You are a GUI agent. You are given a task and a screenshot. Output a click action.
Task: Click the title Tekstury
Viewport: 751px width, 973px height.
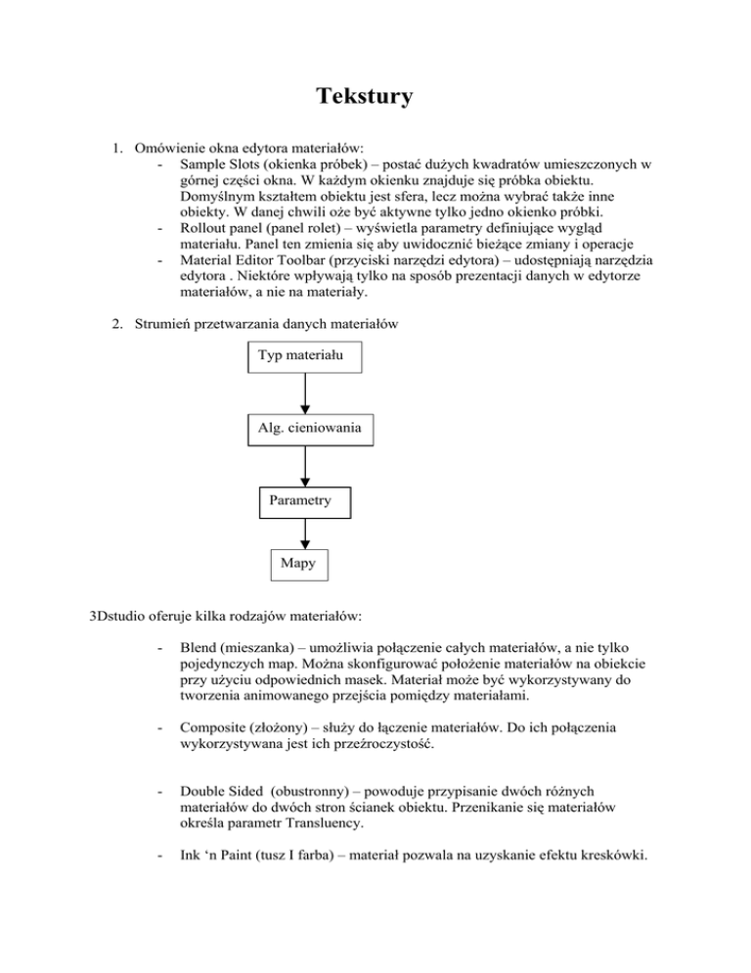pos(365,97)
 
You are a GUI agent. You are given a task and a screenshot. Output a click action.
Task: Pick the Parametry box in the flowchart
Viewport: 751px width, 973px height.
pos(303,501)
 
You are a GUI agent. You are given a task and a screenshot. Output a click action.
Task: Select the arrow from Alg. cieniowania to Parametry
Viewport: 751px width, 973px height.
pos(306,466)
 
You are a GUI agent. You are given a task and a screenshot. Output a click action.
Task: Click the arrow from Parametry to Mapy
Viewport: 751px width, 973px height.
pos(306,533)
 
